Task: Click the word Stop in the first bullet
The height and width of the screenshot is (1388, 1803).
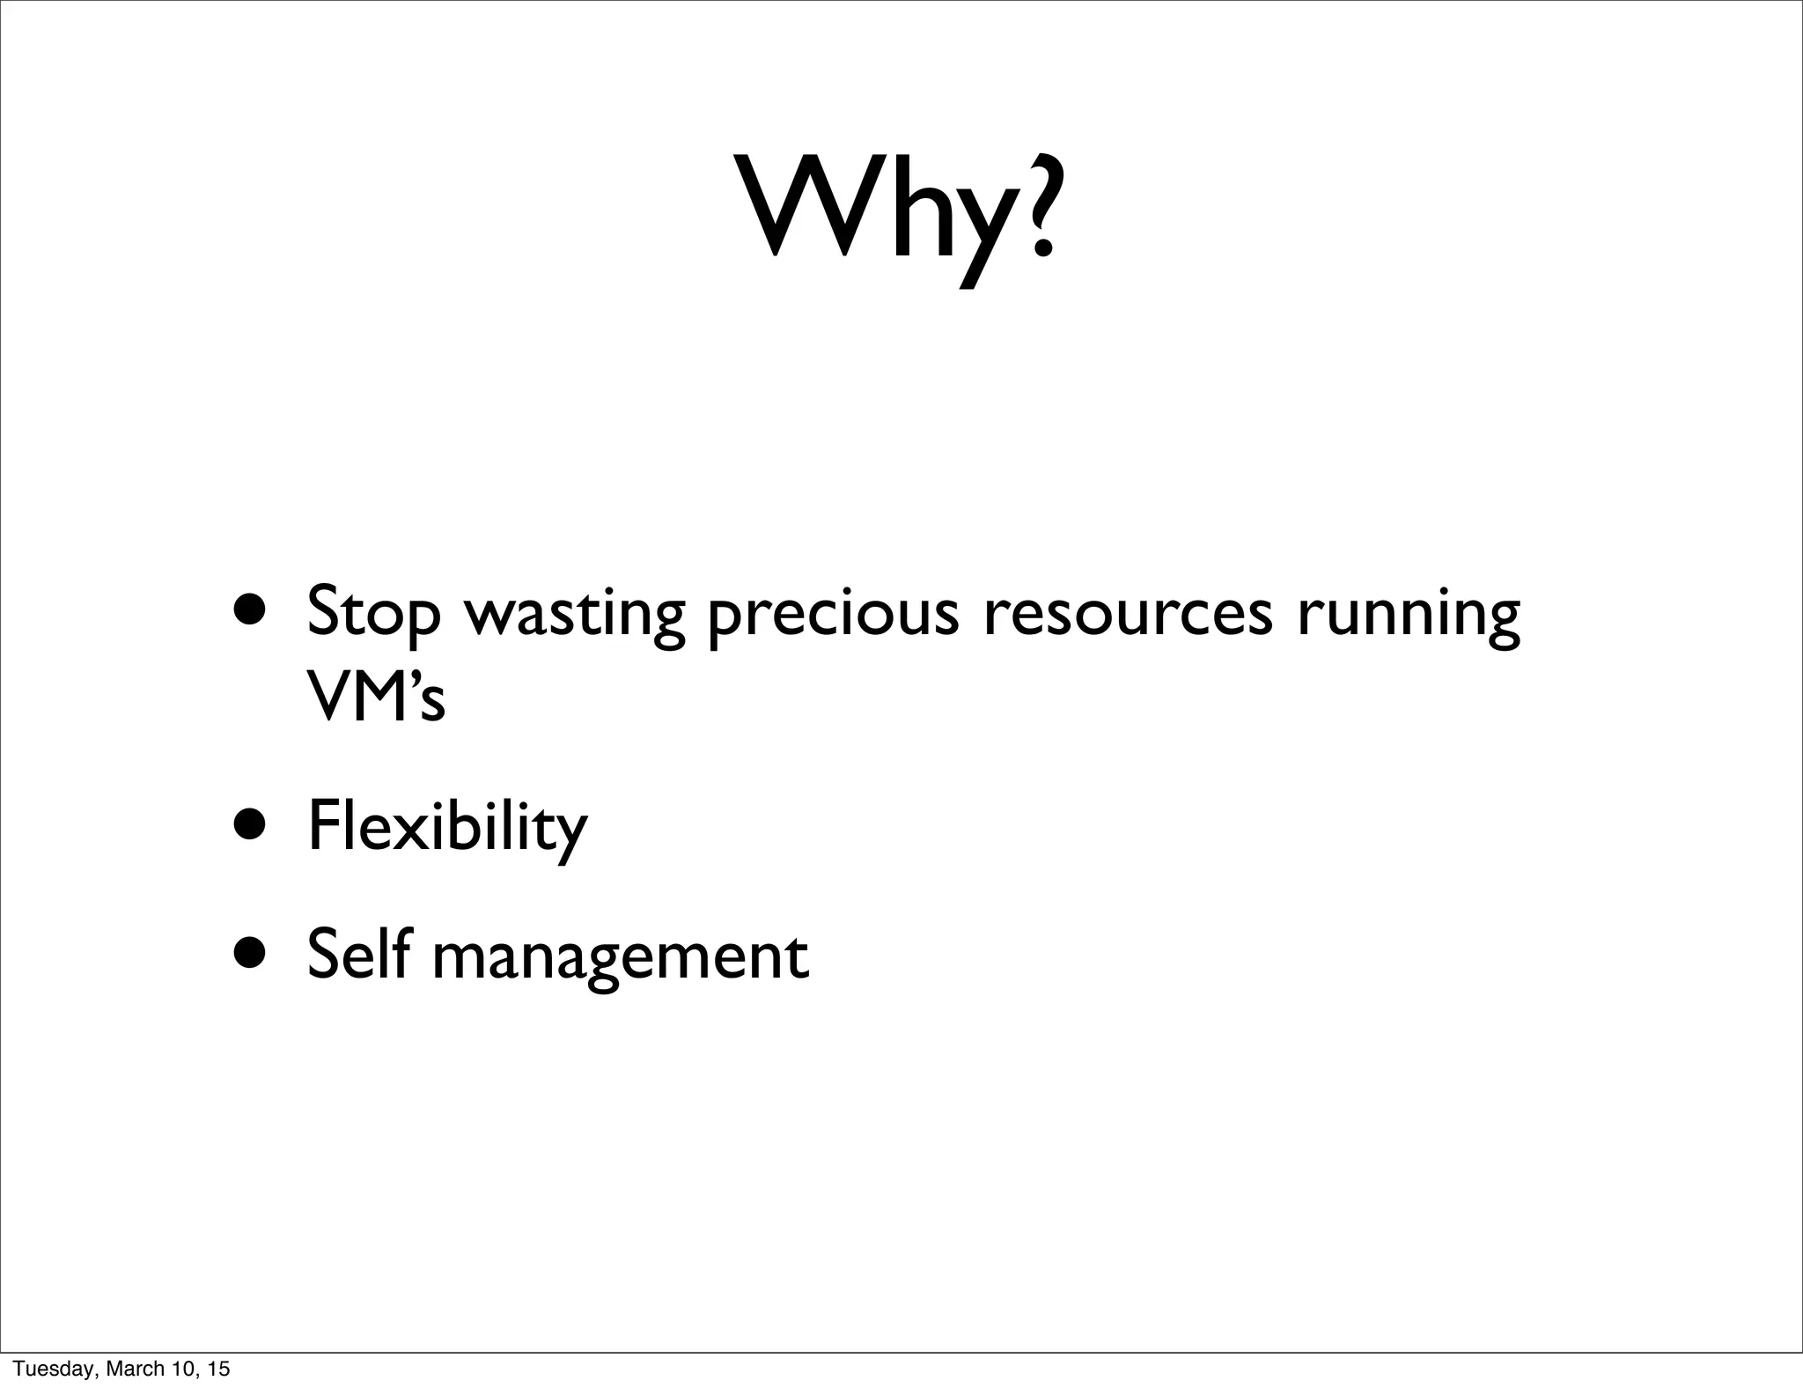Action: (x=373, y=613)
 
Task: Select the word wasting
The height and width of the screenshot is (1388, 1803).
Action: (x=574, y=615)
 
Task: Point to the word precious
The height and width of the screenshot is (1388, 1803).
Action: (x=833, y=615)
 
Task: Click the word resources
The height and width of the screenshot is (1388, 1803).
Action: (x=1128, y=613)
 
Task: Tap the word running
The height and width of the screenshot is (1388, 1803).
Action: (x=1408, y=615)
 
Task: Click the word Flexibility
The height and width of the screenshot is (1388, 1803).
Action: (x=447, y=828)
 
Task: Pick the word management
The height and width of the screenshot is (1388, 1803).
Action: (x=620, y=958)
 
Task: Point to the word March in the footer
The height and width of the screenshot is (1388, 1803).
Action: (x=130, y=1369)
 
